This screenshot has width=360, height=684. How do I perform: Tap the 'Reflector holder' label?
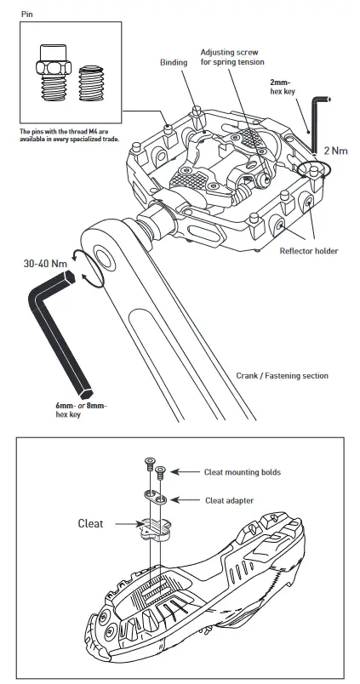[x=308, y=251]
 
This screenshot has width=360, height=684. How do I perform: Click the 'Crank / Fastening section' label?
[x=281, y=375]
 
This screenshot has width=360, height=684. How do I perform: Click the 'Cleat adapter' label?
[x=227, y=500]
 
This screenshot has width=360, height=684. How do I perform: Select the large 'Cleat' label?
[x=90, y=524]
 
